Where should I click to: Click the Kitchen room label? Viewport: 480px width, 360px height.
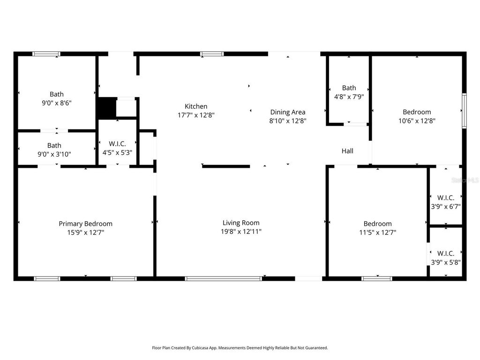pos(196,106)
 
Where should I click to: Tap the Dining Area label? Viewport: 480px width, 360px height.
pos(287,112)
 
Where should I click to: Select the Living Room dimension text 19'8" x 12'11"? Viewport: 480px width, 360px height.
pos(241,232)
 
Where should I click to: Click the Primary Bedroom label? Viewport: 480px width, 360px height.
pos(85,224)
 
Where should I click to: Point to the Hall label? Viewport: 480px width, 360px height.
pos(347,151)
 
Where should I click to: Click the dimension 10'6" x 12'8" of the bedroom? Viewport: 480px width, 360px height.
pos(417,120)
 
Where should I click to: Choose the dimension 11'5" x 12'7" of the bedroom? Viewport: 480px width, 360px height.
pos(377,232)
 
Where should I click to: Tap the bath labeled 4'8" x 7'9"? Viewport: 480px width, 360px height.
pos(349,92)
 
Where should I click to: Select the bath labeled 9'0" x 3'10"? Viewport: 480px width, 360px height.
pos(54,150)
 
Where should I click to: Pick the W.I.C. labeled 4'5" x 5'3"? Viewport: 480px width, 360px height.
pos(117,148)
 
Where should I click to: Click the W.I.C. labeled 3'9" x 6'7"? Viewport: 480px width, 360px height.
pos(446,202)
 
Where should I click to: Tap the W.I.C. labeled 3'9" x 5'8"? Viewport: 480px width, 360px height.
pos(446,257)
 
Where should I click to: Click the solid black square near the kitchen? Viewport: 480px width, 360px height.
pos(106,108)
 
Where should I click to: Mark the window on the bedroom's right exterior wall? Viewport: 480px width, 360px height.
pos(464,111)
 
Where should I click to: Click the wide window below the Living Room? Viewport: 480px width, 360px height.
pos(223,278)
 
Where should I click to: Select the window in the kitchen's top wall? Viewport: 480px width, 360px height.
pos(212,54)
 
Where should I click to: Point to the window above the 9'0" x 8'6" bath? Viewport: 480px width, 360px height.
pos(46,54)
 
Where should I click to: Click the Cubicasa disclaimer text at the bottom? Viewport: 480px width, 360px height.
pos(240,348)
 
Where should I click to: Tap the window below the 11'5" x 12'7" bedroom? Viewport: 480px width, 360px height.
pos(377,278)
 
